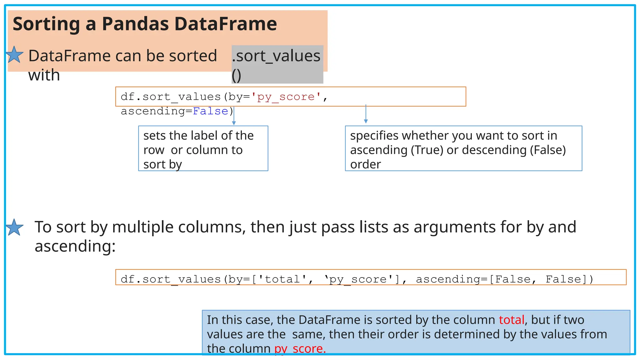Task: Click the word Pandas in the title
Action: pyautogui.click(x=135, y=24)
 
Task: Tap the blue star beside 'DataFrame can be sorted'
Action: pyautogui.click(x=14, y=55)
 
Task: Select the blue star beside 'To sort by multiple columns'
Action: pyautogui.click(x=14, y=227)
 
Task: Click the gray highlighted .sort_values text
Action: pyautogui.click(x=276, y=56)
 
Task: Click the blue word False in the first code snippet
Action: pyautogui.click(x=210, y=111)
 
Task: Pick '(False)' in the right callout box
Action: pyautogui.click(x=547, y=150)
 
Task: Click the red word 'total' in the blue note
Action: pyautogui.click(x=511, y=320)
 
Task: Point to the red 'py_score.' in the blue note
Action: pyautogui.click(x=300, y=348)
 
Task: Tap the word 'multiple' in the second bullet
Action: pyautogui.click(x=143, y=227)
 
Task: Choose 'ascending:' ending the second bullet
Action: pyautogui.click(x=75, y=246)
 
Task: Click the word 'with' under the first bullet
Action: pyautogui.click(x=44, y=75)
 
